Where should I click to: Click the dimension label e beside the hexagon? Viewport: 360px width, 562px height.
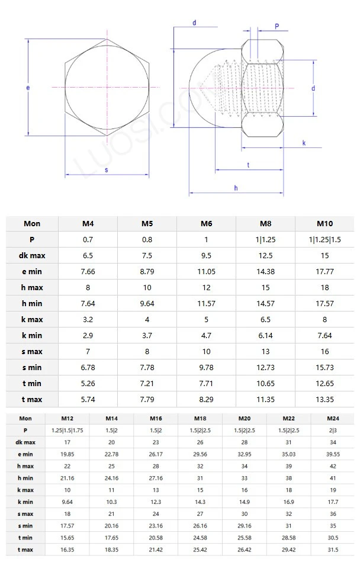click(x=28, y=88)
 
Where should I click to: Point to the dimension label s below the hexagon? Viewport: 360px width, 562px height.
click(x=106, y=170)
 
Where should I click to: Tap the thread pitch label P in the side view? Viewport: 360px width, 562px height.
click(x=277, y=27)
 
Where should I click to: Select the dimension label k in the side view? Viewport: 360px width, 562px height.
click(x=304, y=143)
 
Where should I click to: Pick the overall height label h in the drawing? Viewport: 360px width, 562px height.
click(x=236, y=188)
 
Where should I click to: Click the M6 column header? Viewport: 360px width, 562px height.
click(x=206, y=224)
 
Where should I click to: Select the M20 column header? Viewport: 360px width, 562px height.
click(x=243, y=418)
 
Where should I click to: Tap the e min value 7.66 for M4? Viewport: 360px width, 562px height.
click(x=88, y=272)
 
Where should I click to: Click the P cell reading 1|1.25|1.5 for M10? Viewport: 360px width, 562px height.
click(x=324, y=240)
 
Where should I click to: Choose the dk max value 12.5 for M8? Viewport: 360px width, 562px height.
click(x=265, y=256)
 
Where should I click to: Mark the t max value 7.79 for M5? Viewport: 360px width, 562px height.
click(x=147, y=399)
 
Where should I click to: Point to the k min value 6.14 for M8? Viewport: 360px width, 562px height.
click(x=265, y=335)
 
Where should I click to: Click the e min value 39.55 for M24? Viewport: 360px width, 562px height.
click(x=333, y=454)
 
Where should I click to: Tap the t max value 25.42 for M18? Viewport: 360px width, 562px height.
click(x=200, y=550)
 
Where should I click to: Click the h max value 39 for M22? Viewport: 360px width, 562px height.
click(x=288, y=466)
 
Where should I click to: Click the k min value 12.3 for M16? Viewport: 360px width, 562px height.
click(x=156, y=502)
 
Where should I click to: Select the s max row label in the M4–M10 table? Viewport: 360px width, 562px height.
click(x=32, y=351)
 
